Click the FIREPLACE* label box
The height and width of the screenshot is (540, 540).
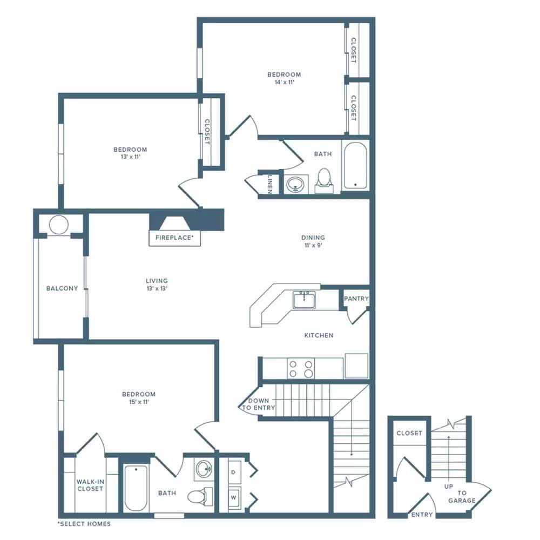coord(174,238)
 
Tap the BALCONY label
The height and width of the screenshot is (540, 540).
coord(62,288)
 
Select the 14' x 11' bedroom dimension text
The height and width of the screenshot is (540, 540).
coord(284,82)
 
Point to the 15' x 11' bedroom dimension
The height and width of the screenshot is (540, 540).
coord(139,402)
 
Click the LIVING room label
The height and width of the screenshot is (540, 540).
coord(157,281)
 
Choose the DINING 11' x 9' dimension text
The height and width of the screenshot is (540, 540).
coord(313,245)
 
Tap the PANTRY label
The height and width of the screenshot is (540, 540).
coord(356,299)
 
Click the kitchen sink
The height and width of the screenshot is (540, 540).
coord(304,300)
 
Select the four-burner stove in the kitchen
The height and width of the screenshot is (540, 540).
coord(301,368)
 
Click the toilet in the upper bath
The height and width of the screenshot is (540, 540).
coord(323,180)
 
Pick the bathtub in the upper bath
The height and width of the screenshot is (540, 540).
coord(355,165)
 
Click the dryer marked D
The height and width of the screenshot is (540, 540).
coord(233,472)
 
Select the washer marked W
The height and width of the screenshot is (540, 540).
coord(233,498)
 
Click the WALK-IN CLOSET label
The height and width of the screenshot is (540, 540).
coord(90,485)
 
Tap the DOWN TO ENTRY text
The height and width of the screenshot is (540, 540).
coord(258,404)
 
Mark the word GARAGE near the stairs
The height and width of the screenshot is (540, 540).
coord(462,501)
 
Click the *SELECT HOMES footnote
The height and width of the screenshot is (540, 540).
coord(84,524)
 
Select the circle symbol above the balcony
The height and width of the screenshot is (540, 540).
coord(59,225)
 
